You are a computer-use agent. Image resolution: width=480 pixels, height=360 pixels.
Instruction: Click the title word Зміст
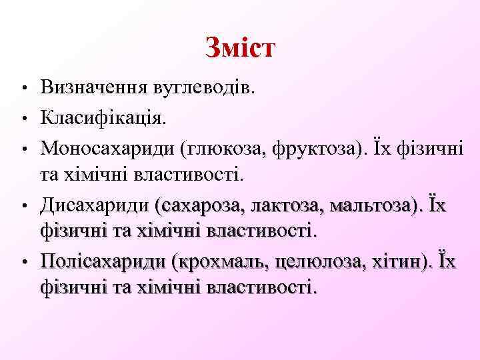click(x=240, y=48)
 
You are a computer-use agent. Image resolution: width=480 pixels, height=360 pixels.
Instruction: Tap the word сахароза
click(x=200, y=204)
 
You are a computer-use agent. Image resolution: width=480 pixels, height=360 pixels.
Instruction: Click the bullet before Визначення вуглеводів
click(x=23, y=89)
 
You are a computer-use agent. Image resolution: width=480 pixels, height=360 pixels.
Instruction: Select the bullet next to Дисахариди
click(x=23, y=205)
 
